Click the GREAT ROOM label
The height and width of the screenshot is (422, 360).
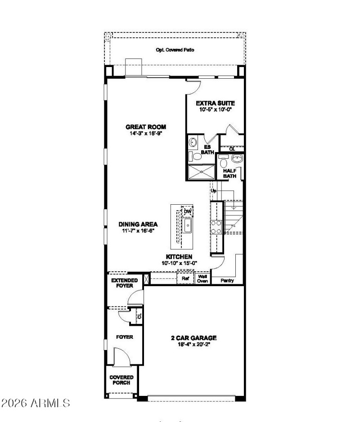click(x=139, y=127)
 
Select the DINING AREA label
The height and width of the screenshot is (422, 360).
click(x=138, y=224)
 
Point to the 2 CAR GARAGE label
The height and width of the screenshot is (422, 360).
click(x=193, y=337)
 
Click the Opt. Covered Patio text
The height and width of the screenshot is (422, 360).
click(x=175, y=50)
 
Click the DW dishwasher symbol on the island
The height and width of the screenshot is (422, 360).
click(x=188, y=211)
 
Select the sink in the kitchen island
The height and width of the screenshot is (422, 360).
click(x=188, y=224)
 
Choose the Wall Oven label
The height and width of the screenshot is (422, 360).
click(x=202, y=279)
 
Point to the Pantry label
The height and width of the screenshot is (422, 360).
click(x=227, y=280)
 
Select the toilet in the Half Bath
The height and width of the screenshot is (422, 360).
click(x=224, y=158)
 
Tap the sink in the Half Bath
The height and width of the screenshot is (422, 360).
click(x=237, y=158)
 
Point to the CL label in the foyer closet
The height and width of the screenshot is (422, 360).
click(x=139, y=316)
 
